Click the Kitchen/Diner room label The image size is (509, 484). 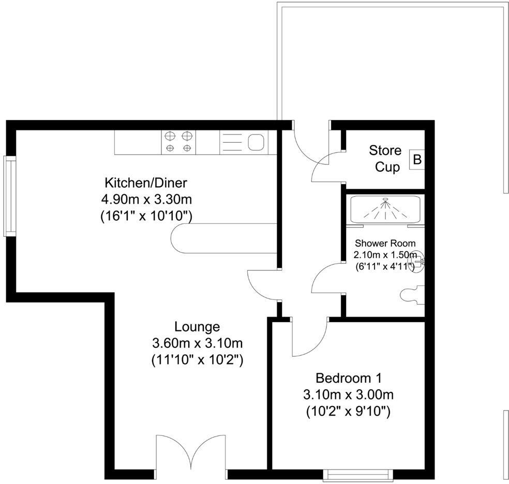(146, 183)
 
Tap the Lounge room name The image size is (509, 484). (197, 327)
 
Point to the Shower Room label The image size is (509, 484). (385, 243)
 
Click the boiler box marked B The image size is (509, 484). (417, 159)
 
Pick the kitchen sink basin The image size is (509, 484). (256, 142)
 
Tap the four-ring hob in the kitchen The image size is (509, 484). (179, 142)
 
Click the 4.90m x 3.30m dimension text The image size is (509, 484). (146, 199)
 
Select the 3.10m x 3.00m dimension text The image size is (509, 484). (349, 395)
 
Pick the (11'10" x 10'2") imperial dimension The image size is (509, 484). (197, 359)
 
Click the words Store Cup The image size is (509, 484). (386, 159)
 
